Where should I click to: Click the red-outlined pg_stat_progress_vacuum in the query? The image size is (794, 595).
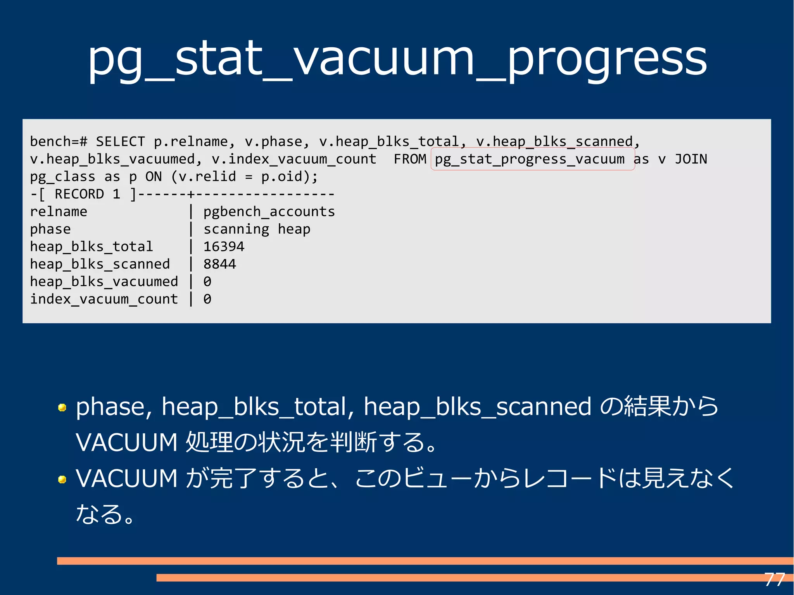coord(530,159)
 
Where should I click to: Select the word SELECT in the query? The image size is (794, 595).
coord(120,141)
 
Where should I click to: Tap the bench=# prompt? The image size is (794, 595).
coord(58,141)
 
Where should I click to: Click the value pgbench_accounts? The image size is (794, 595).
coord(269,212)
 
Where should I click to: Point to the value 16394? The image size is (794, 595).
coord(224,247)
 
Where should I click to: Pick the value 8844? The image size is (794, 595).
coord(219,264)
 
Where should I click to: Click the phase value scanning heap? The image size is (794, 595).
coord(257,229)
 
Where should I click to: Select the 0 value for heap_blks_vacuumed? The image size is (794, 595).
coord(207,281)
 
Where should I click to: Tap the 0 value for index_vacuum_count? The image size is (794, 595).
coord(207,299)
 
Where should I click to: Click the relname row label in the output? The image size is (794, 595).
coord(59,212)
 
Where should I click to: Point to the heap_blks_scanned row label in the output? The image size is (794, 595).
coord(100,264)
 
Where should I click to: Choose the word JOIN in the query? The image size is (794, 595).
coord(691,159)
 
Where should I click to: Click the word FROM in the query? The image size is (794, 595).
coord(410,159)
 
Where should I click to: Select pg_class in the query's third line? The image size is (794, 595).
coord(62,177)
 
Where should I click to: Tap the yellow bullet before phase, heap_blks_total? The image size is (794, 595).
coord(62,407)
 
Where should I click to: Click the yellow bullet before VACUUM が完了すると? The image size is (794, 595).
coord(62,479)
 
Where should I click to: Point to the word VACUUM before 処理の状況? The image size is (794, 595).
coord(126,442)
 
